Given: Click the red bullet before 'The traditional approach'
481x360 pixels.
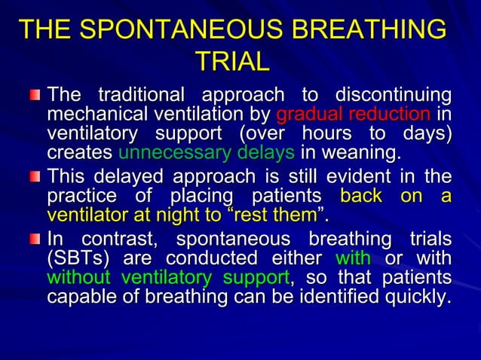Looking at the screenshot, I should [35, 97].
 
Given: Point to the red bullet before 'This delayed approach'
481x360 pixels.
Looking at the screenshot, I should [35, 178].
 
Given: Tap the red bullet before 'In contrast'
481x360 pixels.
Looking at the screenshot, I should [35, 242].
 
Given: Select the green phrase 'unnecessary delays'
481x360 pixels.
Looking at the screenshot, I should [207, 154].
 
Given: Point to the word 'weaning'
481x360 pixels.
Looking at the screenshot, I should [367, 154].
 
